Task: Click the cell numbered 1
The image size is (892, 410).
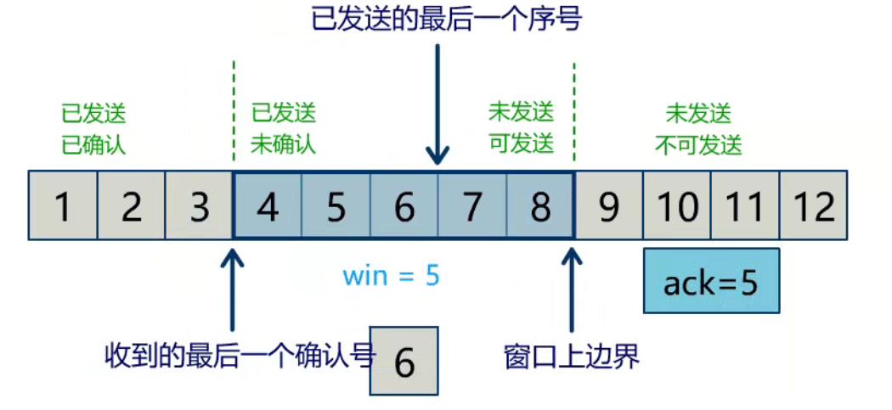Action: [x=62, y=205]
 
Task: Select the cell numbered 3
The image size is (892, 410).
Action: [x=199, y=205]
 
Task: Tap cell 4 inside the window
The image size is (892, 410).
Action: [x=268, y=205]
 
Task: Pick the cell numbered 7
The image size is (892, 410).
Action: [x=472, y=205]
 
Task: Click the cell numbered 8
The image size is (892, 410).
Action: [x=540, y=205]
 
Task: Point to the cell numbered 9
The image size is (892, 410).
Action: [x=608, y=205]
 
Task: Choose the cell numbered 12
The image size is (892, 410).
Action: [x=813, y=205]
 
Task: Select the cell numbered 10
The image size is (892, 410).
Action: [x=677, y=205]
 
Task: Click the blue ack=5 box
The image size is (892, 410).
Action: [x=711, y=282]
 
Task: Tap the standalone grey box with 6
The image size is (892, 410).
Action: [x=404, y=361]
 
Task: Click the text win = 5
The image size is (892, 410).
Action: [x=391, y=276]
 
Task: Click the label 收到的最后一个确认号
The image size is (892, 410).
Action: [x=240, y=355]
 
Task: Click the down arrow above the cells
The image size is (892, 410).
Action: [x=438, y=102]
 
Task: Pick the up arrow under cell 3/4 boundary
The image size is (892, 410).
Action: [x=232, y=289]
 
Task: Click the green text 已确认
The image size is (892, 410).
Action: [x=93, y=144]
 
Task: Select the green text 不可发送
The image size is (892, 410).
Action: [x=698, y=145]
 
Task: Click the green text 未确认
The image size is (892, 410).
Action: [x=283, y=144]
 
